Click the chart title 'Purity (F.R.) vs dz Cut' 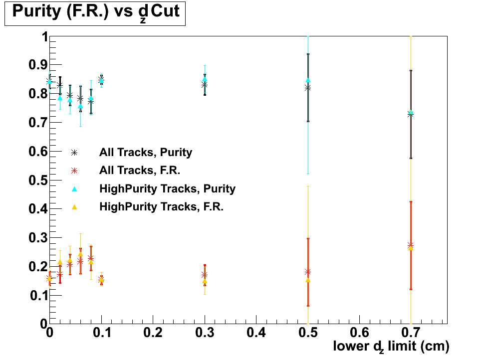pos(95,12)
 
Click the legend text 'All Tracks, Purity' pos(146,152)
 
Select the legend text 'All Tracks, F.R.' pos(139,170)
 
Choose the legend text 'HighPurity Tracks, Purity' pos(167,188)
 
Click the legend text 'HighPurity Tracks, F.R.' pos(161,206)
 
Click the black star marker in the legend pos(74,152)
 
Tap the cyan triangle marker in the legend pos(74,188)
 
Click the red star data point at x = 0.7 pos(411,245)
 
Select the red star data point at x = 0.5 pos(308,272)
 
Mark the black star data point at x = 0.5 pos(308,87)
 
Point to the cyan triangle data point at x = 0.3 pos(205,79)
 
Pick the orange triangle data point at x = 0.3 pos(205,281)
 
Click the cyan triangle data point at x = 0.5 pos(308,80)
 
